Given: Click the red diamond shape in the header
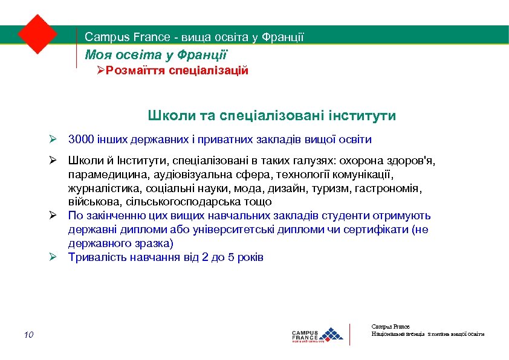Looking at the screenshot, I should (37, 34).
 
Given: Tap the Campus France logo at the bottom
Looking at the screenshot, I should (317, 334).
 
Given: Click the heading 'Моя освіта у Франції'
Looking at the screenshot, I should (156, 55).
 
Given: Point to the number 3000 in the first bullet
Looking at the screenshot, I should (81, 140).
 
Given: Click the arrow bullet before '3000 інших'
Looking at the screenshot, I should (53, 140).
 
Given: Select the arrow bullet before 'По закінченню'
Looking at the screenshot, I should (53, 216).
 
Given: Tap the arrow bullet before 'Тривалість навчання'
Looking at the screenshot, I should (53, 257).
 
